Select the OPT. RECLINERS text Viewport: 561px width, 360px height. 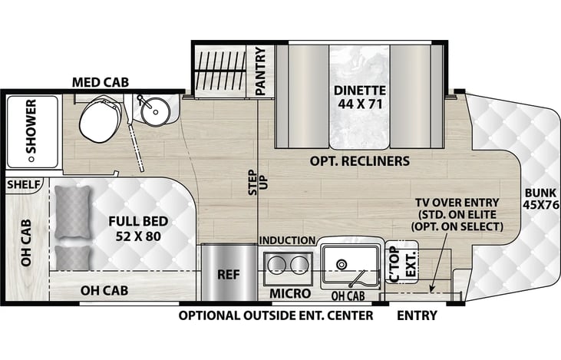click(x=360, y=161)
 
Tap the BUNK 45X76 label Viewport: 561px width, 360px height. click(x=541, y=200)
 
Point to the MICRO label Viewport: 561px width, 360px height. click(x=290, y=294)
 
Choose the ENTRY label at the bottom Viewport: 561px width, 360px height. click(x=417, y=315)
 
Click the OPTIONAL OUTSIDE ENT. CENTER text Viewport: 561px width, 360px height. click(x=276, y=315)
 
